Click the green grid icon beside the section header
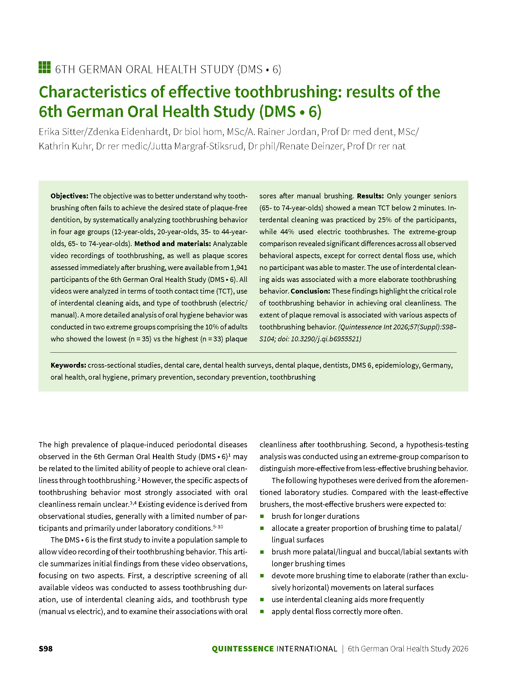click(44, 67)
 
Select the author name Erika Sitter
click(61, 132)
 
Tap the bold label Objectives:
click(69, 196)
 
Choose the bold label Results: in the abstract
click(370, 196)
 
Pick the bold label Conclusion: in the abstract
click(310, 291)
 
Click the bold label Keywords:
click(68, 365)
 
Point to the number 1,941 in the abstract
click(239, 268)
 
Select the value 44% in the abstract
click(287, 232)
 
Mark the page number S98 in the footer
click(46, 649)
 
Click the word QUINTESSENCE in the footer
click(242, 649)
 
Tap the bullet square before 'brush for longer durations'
click(262, 516)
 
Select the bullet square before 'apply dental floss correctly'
click(262, 611)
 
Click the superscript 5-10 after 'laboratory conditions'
click(218, 527)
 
